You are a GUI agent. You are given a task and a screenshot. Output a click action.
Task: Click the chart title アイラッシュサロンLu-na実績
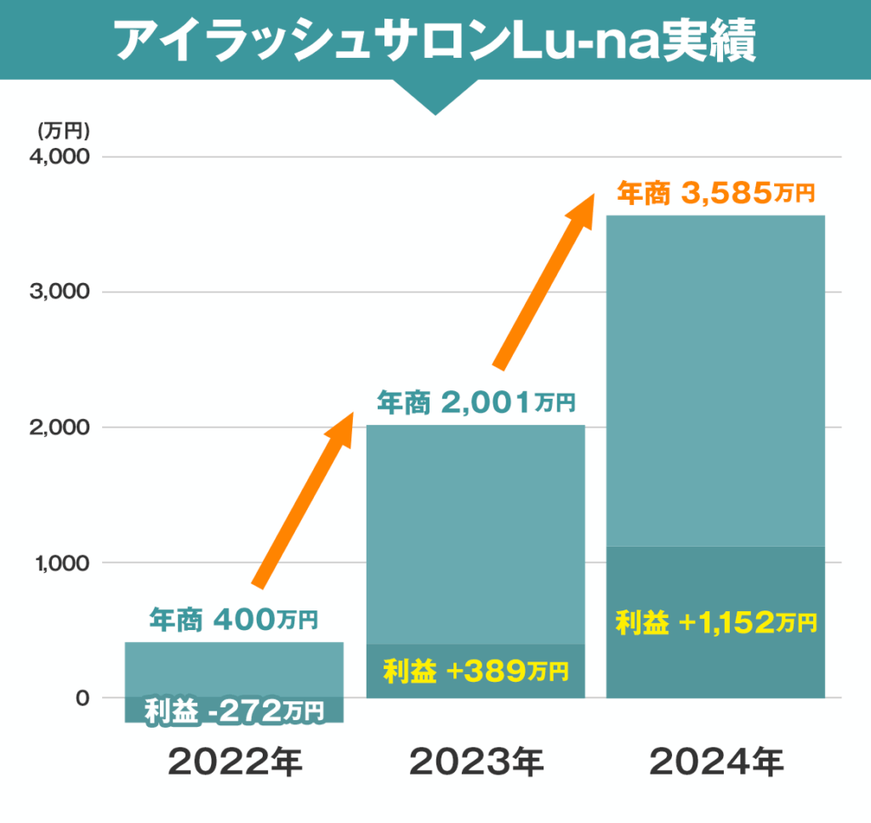tap(435, 41)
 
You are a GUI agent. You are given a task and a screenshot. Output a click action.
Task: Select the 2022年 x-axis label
tap(235, 762)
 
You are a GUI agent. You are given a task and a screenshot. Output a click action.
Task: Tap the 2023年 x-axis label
tap(475, 762)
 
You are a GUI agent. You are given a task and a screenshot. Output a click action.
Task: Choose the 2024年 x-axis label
tap(716, 762)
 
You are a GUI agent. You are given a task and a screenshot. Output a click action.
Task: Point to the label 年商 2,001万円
tap(475, 400)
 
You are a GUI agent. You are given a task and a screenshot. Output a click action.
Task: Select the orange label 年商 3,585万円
tap(715, 193)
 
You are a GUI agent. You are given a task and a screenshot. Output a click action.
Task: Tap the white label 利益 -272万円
tap(234, 710)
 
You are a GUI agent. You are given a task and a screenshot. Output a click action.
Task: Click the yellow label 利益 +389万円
tap(475, 672)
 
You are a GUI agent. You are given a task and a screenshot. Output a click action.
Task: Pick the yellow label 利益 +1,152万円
tap(715, 622)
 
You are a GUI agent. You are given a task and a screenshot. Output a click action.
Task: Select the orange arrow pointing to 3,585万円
tap(544, 281)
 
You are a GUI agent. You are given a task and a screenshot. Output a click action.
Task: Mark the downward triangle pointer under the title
tap(435, 97)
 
